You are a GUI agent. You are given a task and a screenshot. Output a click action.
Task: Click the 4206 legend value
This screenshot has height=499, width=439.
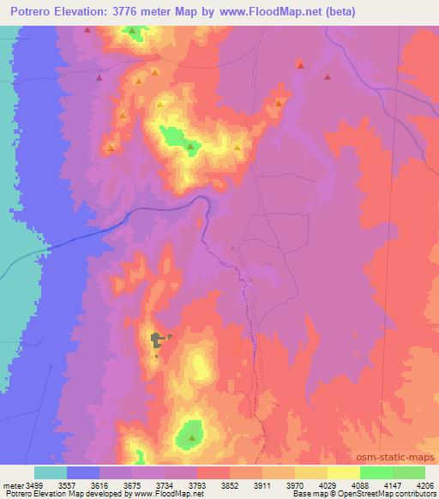(x=425, y=484)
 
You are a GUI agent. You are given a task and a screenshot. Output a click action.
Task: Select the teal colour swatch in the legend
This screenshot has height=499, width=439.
(x=51, y=472)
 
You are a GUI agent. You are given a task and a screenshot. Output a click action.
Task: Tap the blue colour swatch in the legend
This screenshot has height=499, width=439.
(x=83, y=472)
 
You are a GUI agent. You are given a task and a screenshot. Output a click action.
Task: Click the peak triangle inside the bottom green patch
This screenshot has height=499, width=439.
(x=191, y=436)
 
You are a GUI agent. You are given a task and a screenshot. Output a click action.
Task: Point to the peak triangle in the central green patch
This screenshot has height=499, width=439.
(x=190, y=147)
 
